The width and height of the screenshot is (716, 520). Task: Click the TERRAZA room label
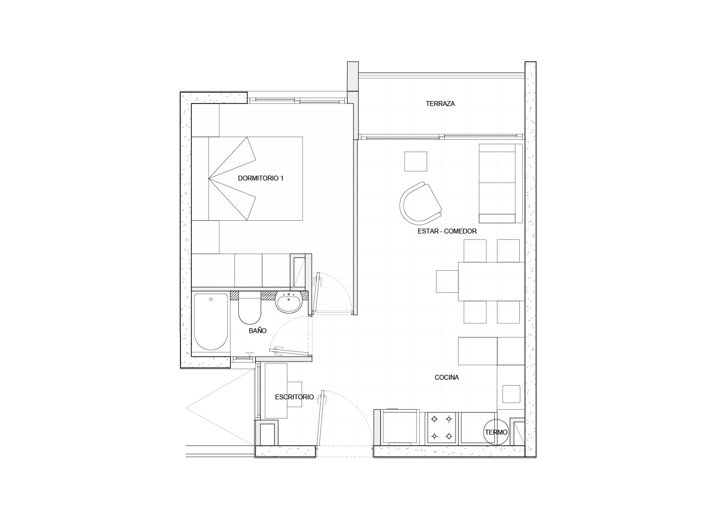coord(440,104)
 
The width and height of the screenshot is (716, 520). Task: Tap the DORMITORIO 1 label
coord(260,179)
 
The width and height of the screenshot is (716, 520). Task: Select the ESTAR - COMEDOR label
coord(447,231)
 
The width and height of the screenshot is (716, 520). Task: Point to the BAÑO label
coord(257,331)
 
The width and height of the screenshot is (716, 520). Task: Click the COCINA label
coord(447,377)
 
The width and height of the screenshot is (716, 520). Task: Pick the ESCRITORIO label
coord(294,397)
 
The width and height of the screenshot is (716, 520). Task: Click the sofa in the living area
coord(500,183)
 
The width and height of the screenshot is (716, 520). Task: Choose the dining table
coord(491,282)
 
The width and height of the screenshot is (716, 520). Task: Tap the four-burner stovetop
coord(441,428)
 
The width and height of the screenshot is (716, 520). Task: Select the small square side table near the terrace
coord(415,161)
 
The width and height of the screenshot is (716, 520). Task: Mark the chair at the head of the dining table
coord(447,282)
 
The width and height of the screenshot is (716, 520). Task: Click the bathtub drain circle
coord(211,299)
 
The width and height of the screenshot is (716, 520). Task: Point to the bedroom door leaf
coord(317,293)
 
